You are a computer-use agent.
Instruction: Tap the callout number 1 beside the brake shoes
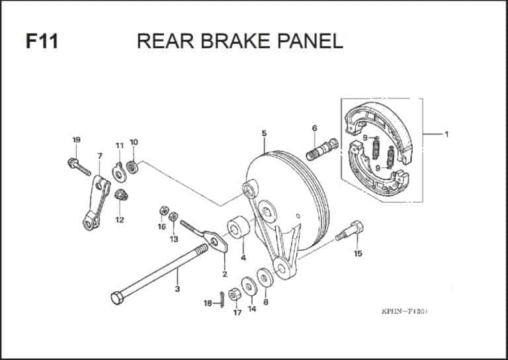point(446,135)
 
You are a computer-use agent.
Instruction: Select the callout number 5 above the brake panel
point(264,134)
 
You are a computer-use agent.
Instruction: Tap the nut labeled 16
point(162,210)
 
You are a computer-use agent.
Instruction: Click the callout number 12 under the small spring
point(120,220)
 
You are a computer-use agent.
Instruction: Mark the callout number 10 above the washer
point(134,142)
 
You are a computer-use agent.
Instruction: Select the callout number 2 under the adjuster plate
point(225,274)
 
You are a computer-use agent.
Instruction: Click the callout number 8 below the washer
point(266,302)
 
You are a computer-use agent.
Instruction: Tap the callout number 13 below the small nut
point(174,238)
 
